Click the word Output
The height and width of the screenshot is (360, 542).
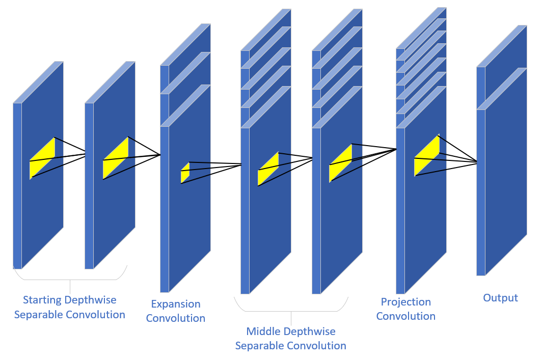tap(500, 298)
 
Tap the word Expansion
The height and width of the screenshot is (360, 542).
tap(176, 304)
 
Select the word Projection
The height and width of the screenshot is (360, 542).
tap(406, 302)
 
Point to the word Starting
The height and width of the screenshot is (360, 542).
tap(42, 300)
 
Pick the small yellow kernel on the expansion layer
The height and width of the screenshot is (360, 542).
tap(185, 173)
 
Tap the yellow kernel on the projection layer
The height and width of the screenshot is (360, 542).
tap(427, 155)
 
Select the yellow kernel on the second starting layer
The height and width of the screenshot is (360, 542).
tap(116, 158)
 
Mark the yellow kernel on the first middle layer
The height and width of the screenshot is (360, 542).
tap(268, 169)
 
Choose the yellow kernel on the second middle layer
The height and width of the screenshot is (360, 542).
tap(341, 163)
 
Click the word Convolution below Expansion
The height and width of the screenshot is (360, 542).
tap(176, 318)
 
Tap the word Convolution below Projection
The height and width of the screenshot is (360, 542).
tap(406, 316)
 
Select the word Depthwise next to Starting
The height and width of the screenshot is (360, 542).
tap(92, 300)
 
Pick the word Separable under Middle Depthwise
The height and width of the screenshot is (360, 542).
tap(259, 346)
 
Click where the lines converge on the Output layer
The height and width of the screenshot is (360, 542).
tap(477, 162)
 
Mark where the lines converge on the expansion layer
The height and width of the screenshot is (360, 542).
tap(160, 155)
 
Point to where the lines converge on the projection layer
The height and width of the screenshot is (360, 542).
tap(396, 149)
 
